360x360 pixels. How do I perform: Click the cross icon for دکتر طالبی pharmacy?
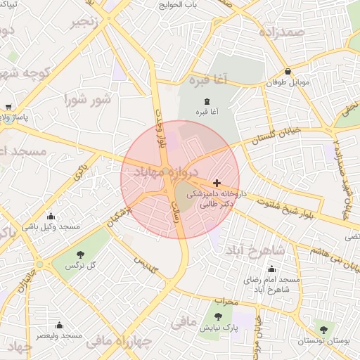point(217,183)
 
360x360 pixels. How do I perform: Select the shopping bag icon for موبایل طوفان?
point(288,72)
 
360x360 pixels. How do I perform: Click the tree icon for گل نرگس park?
point(79,255)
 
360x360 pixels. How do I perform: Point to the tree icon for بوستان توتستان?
point(323,329)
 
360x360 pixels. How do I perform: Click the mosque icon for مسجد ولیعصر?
point(58,326)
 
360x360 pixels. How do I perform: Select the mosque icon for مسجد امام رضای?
point(272,269)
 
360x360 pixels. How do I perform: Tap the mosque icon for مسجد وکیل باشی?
point(51,217)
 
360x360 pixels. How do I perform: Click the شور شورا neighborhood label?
point(88,100)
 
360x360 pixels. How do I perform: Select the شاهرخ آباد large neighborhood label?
point(256,250)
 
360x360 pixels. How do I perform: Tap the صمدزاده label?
point(281,32)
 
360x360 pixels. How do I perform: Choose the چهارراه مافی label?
point(118,342)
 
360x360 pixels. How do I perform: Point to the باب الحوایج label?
point(179,5)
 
